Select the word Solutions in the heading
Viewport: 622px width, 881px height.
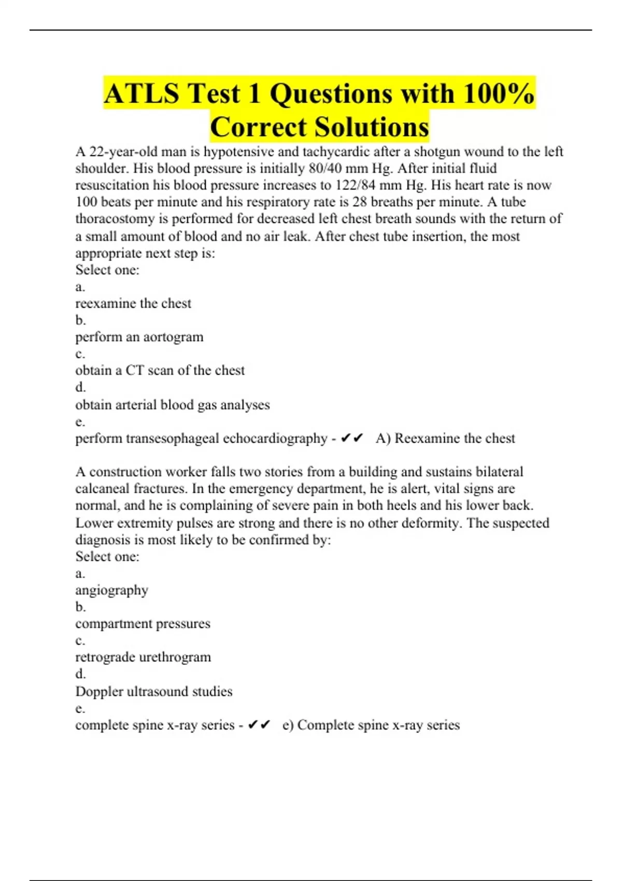[x=372, y=127]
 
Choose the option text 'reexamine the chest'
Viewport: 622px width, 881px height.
[x=133, y=303]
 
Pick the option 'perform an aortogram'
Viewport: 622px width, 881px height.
[x=139, y=337]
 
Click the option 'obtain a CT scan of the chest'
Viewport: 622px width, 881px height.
[x=160, y=371]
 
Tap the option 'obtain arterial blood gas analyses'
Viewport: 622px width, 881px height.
[x=172, y=405]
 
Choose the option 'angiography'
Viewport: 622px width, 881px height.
[x=111, y=590]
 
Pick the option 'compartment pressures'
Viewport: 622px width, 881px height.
[x=143, y=623]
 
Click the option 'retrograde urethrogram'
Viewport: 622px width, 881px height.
[x=143, y=657]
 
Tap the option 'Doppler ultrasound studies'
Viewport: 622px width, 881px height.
[x=153, y=691]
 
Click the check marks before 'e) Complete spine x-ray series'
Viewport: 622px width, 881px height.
[x=259, y=725]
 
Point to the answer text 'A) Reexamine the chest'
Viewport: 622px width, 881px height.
[x=445, y=438]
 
